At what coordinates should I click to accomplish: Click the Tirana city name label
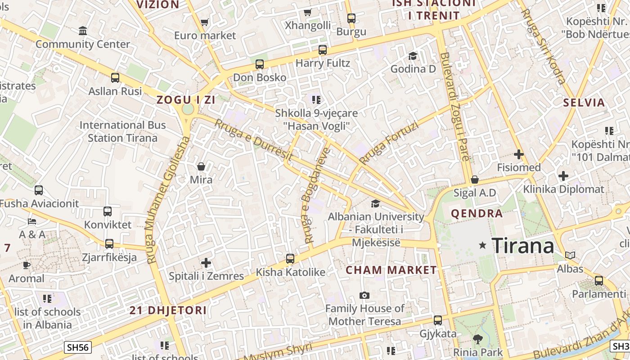pyautogui.click(x=523, y=246)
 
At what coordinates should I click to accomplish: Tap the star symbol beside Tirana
pyautogui.click(x=483, y=245)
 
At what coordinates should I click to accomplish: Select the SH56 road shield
pyautogui.click(x=78, y=347)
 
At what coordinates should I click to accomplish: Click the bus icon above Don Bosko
pyautogui.click(x=260, y=64)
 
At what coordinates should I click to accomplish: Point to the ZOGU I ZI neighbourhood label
pyautogui.click(x=186, y=100)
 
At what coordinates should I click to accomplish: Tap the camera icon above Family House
pyautogui.click(x=364, y=295)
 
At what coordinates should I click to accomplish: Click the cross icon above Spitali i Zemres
pyautogui.click(x=206, y=262)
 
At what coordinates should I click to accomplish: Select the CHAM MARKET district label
pyautogui.click(x=391, y=270)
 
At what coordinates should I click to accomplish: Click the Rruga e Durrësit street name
pyautogui.click(x=254, y=140)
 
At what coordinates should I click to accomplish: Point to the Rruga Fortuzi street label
pyautogui.click(x=388, y=143)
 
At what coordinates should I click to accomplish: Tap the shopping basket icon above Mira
pyautogui.click(x=201, y=166)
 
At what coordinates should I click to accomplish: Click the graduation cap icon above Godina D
pyautogui.click(x=413, y=56)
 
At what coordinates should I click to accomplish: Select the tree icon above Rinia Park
pyautogui.click(x=477, y=339)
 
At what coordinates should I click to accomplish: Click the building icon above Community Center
pyautogui.click(x=83, y=31)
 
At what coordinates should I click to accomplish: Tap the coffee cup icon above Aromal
pyautogui.click(x=27, y=265)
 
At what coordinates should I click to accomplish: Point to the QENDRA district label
pyautogui.click(x=477, y=213)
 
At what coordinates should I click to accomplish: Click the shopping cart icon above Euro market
pyautogui.click(x=205, y=22)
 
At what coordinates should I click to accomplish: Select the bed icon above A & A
pyautogui.click(x=32, y=221)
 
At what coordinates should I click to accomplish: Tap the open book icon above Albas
pyautogui.click(x=570, y=255)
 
